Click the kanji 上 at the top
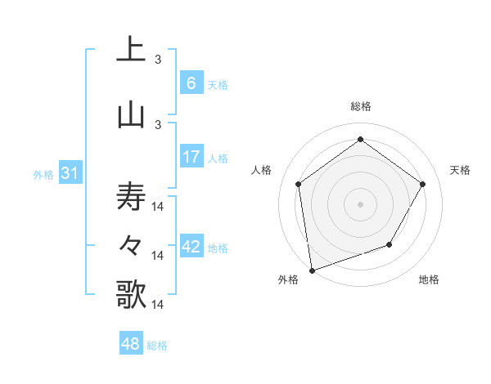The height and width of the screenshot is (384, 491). pos(131,49)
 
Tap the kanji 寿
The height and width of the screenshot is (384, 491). pos(131,197)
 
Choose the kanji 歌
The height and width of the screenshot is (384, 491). pos(131,293)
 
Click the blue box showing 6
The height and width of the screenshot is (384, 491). pos(191,83)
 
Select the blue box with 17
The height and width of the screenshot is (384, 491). pos(191,157)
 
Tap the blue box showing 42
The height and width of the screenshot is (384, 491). pos(191,247)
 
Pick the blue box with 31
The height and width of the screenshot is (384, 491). pos(70,173)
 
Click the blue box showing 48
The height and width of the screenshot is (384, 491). pos(131,344)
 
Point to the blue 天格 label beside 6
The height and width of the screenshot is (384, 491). pos(217,84)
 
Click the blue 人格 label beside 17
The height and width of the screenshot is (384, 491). pos(217,158)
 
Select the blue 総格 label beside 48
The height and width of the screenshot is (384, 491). pos(157,346)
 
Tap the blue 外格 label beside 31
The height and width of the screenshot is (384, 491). pos(43,174)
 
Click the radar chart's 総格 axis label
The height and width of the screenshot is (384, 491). pos(360,106)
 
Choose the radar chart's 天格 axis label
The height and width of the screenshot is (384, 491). pos(460,170)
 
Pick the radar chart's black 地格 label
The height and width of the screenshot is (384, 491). pos(429,279)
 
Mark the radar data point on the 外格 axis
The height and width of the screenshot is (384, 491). pos(311,270)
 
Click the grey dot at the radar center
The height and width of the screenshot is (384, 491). pos(360,203)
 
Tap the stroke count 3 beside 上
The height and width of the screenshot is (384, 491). pos(158,59)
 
